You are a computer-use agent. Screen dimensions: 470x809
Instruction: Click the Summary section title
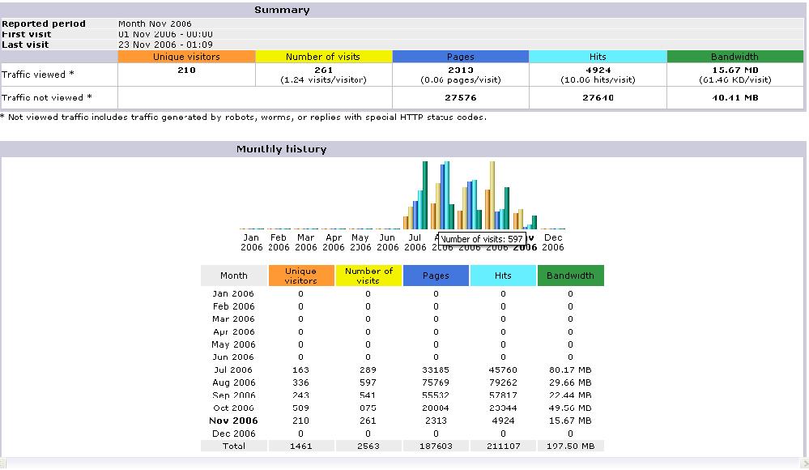coord(282,10)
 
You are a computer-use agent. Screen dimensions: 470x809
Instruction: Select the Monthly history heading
coord(282,149)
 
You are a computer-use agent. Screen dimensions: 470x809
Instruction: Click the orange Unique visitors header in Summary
coord(186,57)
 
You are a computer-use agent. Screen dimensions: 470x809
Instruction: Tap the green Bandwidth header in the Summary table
coord(734,57)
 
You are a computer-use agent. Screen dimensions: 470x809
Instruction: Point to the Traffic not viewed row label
coord(47,97)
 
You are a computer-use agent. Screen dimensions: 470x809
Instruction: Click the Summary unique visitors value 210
coord(186,70)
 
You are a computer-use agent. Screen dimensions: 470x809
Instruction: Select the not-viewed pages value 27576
coord(461,97)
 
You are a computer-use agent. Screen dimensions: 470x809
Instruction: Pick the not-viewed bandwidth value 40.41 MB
coord(734,97)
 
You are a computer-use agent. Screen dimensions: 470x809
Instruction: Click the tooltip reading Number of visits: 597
coord(483,239)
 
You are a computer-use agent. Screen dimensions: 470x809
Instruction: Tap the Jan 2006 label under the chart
coord(252,242)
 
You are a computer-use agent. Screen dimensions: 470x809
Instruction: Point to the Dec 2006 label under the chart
coord(553,242)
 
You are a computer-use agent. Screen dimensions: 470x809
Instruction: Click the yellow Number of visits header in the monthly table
coord(368,276)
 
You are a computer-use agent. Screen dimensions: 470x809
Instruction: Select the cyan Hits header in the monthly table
coord(503,276)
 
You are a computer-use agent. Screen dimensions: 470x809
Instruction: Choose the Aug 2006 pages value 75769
coord(436,382)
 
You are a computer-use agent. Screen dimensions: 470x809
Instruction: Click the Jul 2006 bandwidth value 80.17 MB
coord(570,370)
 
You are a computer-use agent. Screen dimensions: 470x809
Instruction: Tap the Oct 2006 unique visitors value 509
coord(300,408)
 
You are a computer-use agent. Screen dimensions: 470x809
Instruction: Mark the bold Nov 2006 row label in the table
coord(233,421)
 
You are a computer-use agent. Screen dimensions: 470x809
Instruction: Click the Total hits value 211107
coord(503,446)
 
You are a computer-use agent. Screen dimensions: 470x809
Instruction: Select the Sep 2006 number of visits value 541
coord(368,395)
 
